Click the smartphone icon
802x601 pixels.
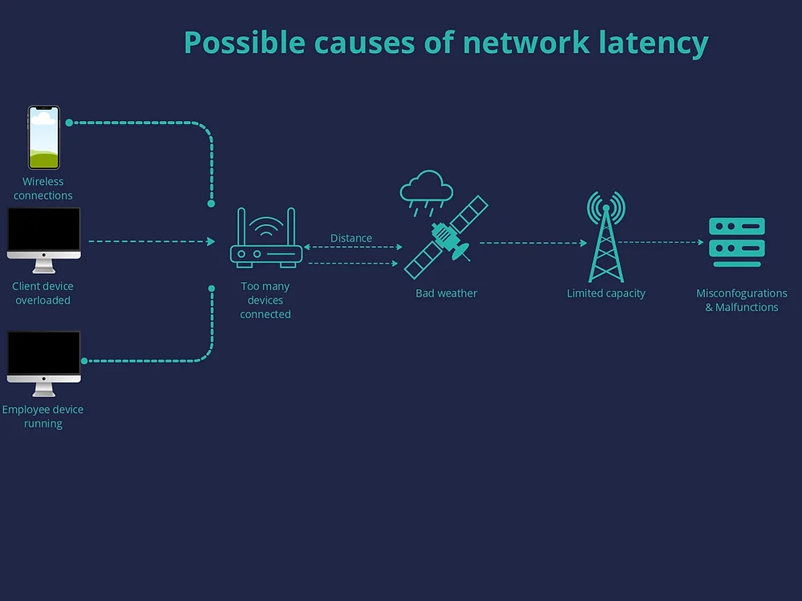tap(44, 137)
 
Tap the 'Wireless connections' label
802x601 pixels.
tap(43, 188)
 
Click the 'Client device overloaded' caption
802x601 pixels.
tap(43, 293)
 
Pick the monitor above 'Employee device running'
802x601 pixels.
tap(44, 360)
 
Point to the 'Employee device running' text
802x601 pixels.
tap(43, 417)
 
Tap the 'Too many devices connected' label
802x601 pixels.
tap(265, 300)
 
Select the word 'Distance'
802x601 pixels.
tap(351, 238)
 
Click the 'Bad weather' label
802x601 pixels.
tap(446, 293)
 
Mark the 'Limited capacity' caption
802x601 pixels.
tap(606, 293)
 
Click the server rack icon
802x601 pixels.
tap(736, 242)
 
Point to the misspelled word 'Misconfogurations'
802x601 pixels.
tap(741, 293)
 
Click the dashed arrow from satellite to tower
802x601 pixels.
tap(533, 243)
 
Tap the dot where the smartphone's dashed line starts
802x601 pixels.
tap(69, 123)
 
